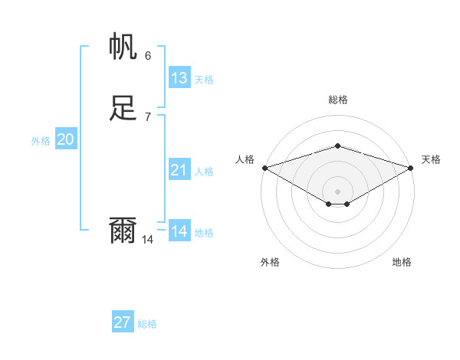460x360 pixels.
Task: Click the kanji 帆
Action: [123, 47]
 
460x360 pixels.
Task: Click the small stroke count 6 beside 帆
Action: [148, 55]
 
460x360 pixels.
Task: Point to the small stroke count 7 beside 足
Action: [148, 116]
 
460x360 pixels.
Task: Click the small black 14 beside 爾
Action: [148, 240]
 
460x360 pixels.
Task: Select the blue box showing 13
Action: [179, 78]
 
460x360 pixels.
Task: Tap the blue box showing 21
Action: [179, 170]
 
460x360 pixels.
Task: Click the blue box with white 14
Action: [179, 231]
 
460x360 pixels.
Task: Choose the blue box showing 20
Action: [66, 139]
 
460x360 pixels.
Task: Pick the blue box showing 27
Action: [123, 322]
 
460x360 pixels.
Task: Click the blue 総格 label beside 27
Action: [147, 324]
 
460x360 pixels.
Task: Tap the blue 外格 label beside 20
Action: [41, 141]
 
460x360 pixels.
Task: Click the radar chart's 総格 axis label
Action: [338, 100]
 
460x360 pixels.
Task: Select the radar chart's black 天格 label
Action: [431, 159]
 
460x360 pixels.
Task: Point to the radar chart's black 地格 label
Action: [402, 262]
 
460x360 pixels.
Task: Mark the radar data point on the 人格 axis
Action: [264, 167]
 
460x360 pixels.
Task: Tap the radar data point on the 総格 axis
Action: [338, 146]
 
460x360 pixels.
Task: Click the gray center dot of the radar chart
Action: [338, 191]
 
